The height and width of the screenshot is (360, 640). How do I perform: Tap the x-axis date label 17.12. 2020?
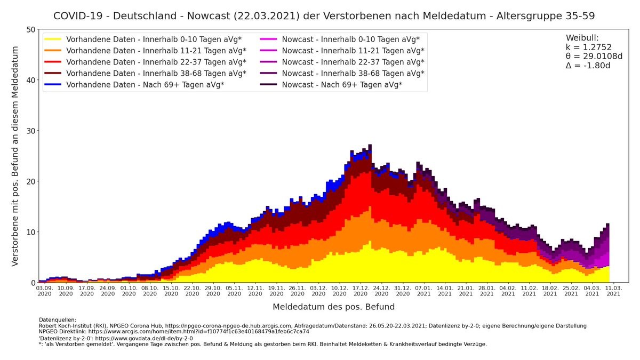tap(361, 290)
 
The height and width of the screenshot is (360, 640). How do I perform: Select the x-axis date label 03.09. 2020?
tap(45, 290)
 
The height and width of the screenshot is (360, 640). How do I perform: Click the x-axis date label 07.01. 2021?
tap(423, 290)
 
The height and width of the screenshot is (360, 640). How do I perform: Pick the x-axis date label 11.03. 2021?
tap(613, 290)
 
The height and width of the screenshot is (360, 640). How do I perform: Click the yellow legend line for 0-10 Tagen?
tap(53, 39)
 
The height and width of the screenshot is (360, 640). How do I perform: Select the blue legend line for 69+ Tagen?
tap(53, 84)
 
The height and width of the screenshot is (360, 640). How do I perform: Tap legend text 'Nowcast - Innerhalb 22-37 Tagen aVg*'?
tap(353, 62)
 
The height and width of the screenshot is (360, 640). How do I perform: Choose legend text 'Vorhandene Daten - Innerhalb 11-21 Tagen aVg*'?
tap(156, 51)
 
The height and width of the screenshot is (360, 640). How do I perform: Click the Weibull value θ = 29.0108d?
tap(594, 56)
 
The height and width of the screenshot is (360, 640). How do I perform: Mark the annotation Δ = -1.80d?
tap(588, 65)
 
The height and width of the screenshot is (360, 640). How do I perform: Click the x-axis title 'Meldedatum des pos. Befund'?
tap(333, 307)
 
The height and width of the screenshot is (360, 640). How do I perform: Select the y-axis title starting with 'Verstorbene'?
tap(15, 156)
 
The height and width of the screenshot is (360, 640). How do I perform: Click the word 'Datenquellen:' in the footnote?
tap(57, 319)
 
